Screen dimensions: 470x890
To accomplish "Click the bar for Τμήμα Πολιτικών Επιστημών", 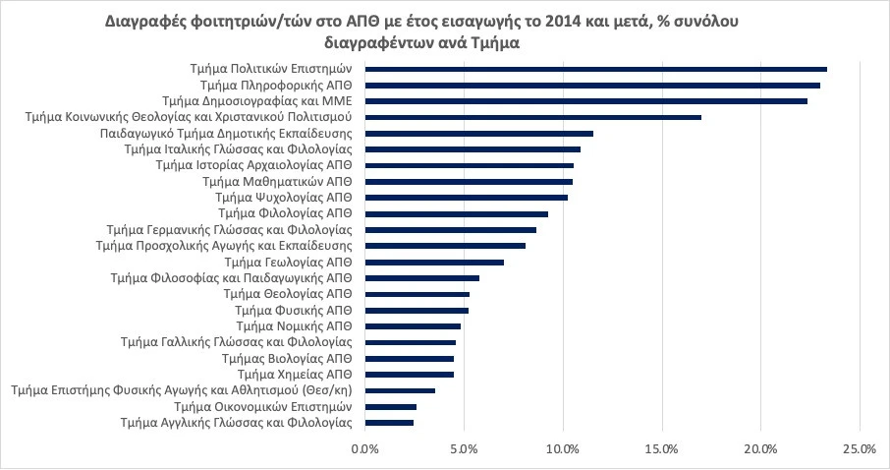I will click(596, 69).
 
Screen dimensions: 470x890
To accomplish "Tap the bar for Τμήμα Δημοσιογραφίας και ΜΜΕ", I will click(586, 101).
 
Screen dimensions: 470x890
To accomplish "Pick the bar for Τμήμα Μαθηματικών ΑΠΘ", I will click(469, 182).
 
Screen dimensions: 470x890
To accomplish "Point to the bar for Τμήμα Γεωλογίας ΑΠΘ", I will click(434, 263).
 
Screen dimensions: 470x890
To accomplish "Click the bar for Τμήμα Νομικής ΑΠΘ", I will click(413, 326).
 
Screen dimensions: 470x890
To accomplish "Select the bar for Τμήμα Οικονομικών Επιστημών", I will click(391, 406).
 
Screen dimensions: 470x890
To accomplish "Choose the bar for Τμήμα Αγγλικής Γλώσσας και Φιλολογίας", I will click(389, 423).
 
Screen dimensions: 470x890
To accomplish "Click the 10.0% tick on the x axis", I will click(563, 448).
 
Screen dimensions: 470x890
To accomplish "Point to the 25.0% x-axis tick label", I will click(860, 448).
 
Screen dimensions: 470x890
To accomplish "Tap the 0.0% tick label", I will click(365, 448).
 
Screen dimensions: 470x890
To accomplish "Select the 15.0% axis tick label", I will click(662, 448).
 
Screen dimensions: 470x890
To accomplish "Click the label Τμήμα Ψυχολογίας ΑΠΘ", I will click(283, 198).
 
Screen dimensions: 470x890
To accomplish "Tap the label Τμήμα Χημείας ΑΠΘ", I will click(295, 375).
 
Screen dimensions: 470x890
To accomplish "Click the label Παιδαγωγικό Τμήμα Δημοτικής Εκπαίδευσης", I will click(226, 134).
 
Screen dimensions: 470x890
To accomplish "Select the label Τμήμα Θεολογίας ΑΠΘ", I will click(288, 294).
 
